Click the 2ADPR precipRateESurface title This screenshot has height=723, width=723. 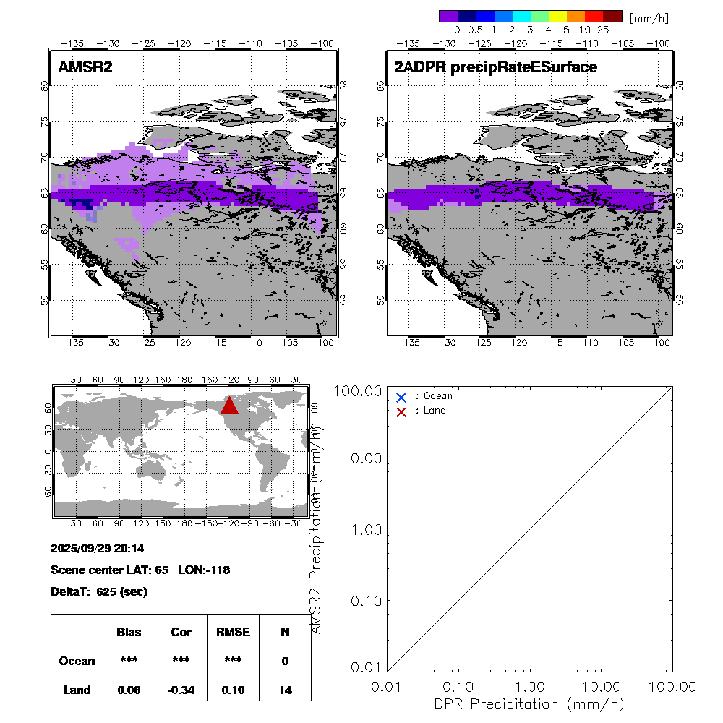[495, 67]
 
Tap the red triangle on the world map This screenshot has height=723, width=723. [229, 405]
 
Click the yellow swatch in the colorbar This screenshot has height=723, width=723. [557, 16]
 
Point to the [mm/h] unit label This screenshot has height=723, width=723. [649, 17]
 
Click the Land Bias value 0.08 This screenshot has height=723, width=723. [129, 690]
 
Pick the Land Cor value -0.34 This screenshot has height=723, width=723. [181, 690]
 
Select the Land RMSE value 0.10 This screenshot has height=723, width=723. [233, 690]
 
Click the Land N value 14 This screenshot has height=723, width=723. [285, 690]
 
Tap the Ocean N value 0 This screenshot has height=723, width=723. [285, 661]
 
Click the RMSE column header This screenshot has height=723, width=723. [233, 632]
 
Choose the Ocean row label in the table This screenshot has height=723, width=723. [77, 661]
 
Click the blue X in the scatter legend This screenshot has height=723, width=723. [401, 397]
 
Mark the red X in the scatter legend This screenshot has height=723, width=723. [401, 411]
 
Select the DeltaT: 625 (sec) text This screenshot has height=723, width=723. [99, 591]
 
